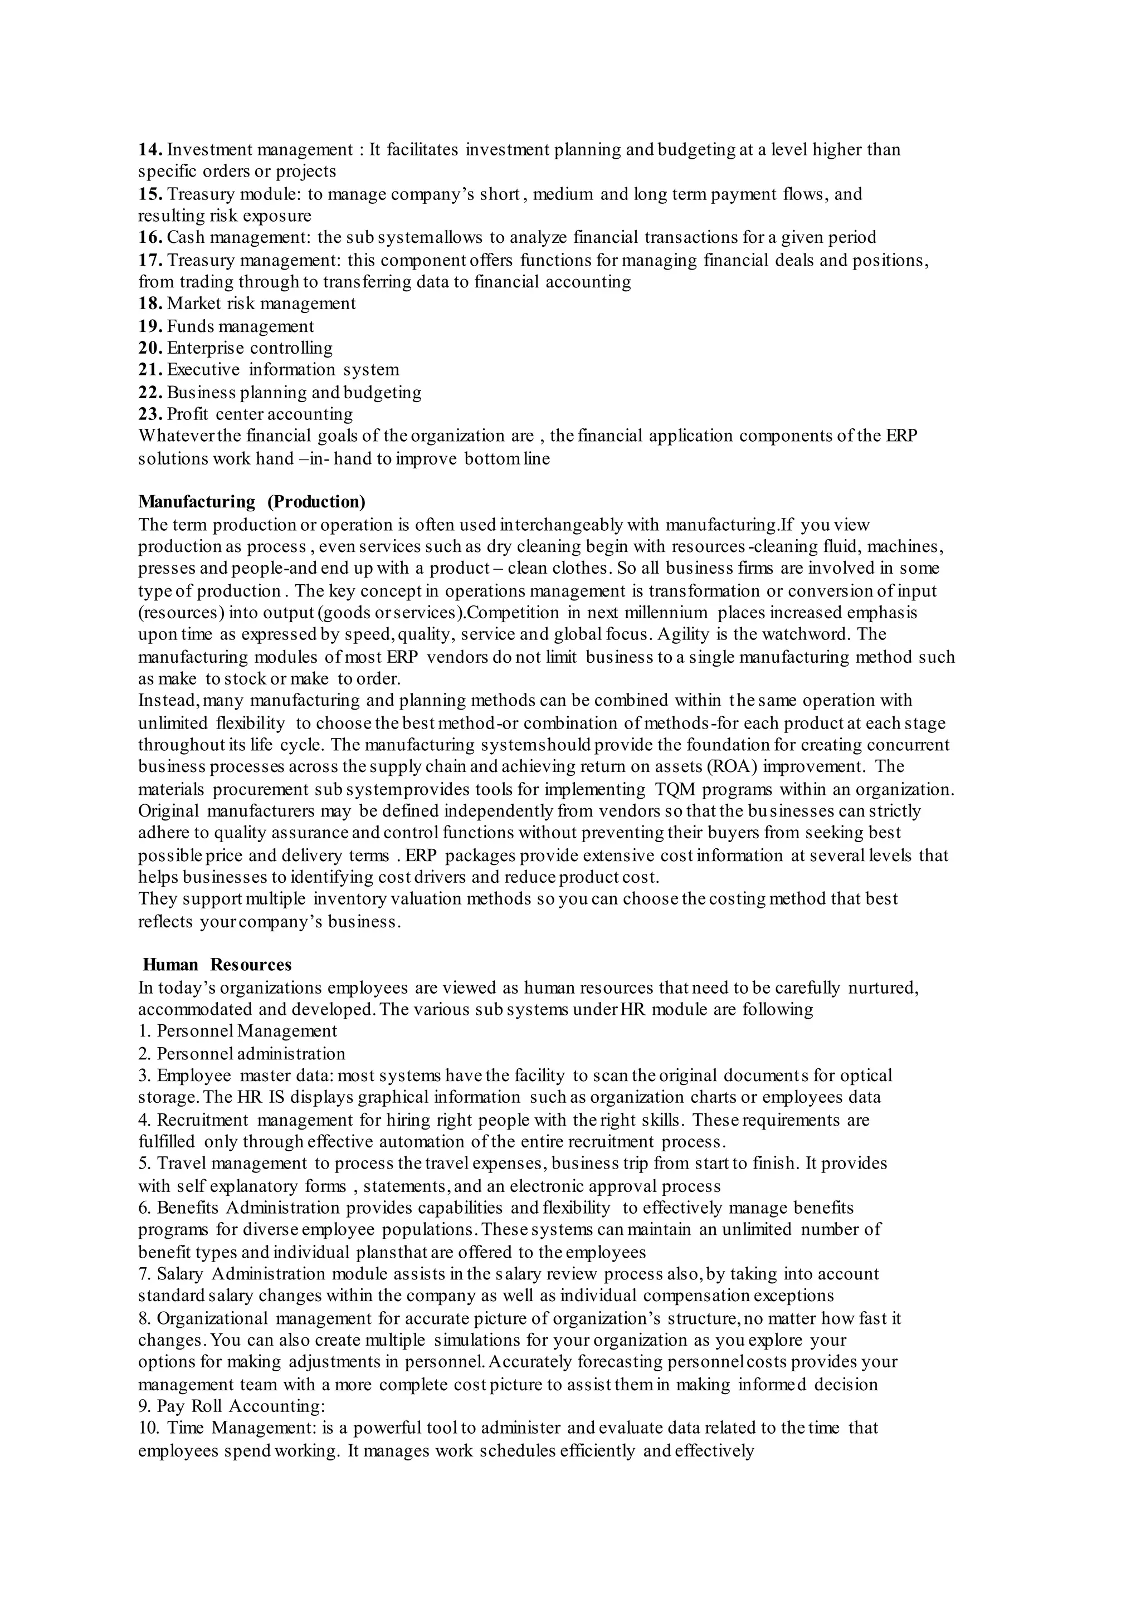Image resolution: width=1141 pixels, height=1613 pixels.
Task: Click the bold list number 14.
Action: pos(150,150)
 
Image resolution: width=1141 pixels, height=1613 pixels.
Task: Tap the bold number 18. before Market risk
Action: pos(150,304)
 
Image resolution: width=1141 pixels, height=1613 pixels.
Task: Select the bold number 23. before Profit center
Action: pos(150,414)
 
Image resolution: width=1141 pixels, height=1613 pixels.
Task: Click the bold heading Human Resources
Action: pos(217,965)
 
